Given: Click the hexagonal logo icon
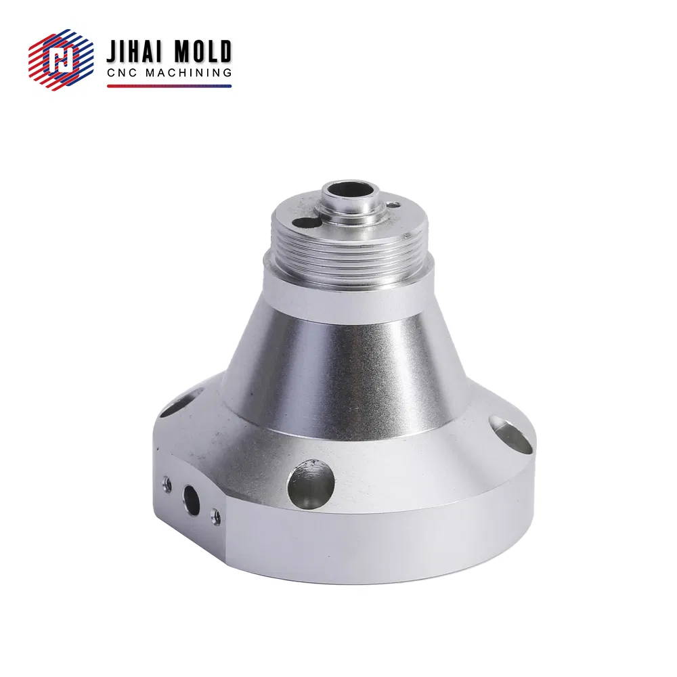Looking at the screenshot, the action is [61, 60].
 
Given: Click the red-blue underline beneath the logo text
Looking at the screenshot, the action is [169, 86].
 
